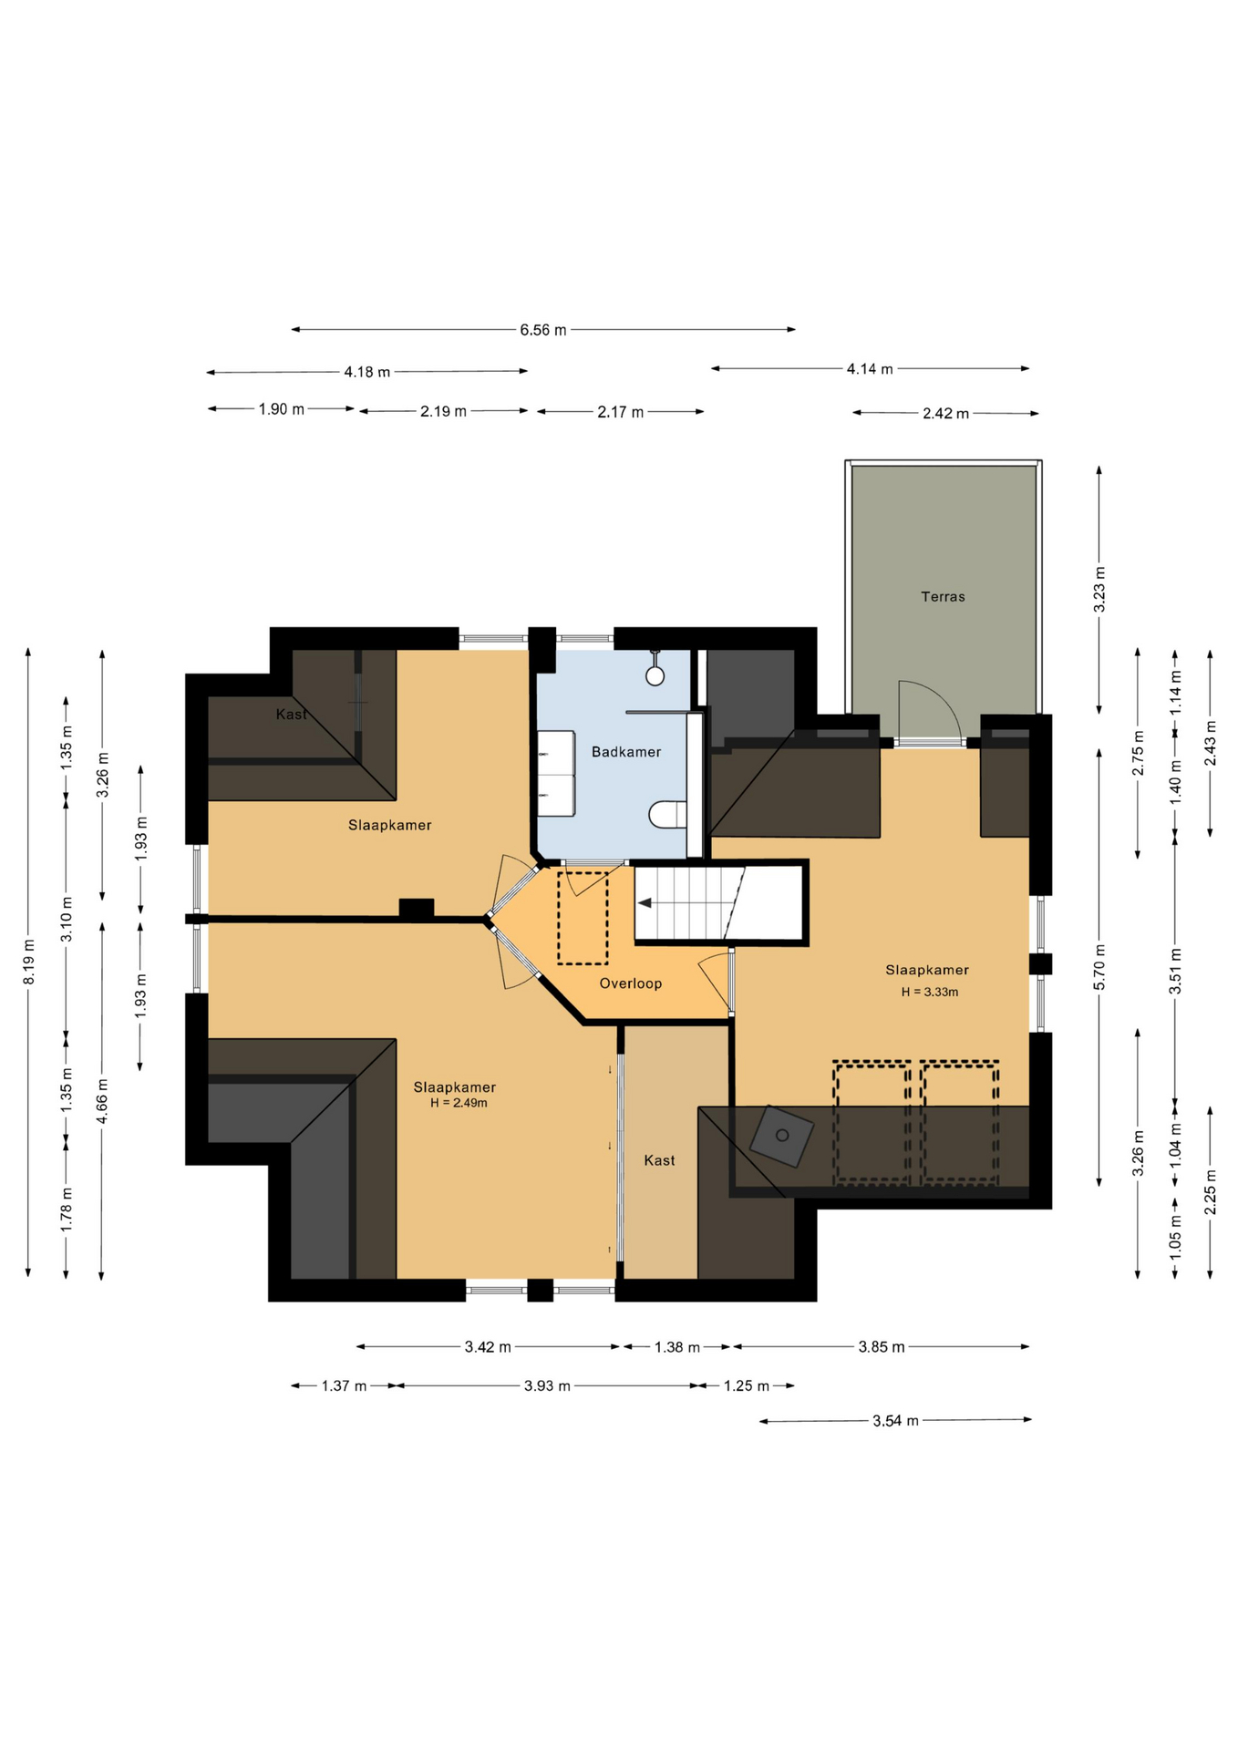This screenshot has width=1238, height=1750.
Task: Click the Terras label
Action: point(943,597)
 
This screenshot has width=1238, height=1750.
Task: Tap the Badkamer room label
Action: point(626,752)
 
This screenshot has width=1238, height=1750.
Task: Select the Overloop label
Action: point(631,983)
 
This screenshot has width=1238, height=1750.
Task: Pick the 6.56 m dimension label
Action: point(543,330)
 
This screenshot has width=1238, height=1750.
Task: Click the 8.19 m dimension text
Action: point(29,962)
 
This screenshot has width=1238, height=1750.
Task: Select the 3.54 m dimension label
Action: point(896,1421)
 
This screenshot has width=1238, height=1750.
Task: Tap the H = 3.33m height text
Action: point(930,993)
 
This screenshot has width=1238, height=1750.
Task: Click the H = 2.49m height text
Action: point(459,1103)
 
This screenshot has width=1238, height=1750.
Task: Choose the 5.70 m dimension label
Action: point(1099,967)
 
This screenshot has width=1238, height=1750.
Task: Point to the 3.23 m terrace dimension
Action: point(1099,589)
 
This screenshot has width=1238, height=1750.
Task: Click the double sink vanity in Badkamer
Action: point(556,773)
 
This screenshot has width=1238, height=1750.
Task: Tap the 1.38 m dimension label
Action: point(677,1347)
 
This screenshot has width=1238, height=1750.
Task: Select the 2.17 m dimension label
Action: point(621,413)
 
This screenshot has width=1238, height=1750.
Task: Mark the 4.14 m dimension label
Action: point(870,369)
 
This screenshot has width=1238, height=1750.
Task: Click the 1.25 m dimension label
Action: point(747,1386)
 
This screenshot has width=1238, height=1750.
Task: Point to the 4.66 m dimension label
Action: point(102,1101)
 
